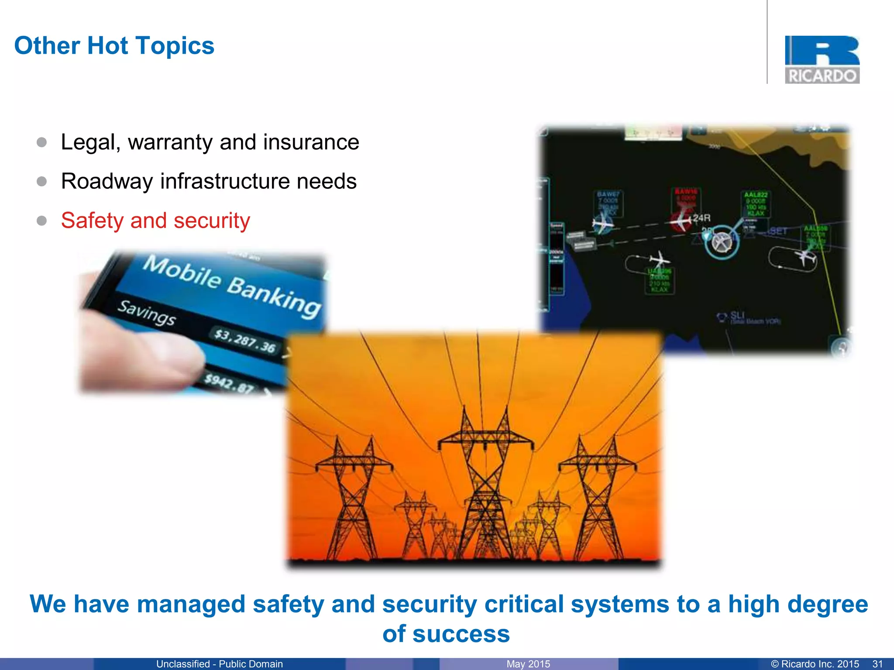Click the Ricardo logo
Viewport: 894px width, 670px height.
(x=822, y=60)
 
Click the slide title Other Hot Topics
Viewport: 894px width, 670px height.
(x=114, y=46)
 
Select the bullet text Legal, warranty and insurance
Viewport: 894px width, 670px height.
(x=210, y=142)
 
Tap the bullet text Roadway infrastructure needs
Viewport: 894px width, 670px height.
(x=209, y=181)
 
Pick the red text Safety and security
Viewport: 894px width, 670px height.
(x=155, y=221)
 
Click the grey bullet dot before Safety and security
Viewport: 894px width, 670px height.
(x=42, y=221)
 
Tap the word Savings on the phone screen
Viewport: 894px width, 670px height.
(x=147, y=312)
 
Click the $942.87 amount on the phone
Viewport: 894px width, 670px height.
(x=230, y=383)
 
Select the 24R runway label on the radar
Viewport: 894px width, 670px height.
(x=701, y=218)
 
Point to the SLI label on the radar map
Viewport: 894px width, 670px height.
(x=737, y=315)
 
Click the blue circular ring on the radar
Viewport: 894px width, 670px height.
(x=722, y=242)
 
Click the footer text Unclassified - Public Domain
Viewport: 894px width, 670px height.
(x=220, y=664)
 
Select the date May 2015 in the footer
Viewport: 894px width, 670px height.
(x=528, y=664)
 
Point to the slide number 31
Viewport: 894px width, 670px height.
(x=877, y=664)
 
